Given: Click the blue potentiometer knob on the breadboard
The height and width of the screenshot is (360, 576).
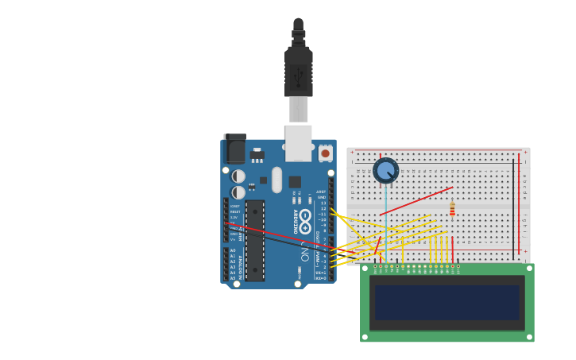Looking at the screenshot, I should point(386,170).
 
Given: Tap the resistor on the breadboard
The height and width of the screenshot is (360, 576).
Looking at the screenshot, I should point(452,209).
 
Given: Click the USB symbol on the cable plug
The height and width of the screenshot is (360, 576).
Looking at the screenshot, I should point(299,77).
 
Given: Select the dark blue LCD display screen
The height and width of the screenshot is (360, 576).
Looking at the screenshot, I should point(446,303).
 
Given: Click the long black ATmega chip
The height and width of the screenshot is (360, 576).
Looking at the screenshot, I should point(254,240).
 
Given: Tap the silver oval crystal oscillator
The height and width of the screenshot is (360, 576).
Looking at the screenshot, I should point(276,180).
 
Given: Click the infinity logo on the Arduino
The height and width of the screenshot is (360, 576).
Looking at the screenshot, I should point(305,221).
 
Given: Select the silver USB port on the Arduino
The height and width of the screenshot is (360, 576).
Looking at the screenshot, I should point(299,143).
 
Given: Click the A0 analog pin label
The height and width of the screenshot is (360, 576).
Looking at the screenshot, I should point(233,250).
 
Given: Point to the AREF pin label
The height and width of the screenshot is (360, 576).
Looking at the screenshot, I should point(321,192).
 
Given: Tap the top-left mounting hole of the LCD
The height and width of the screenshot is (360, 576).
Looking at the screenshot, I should point(365,269).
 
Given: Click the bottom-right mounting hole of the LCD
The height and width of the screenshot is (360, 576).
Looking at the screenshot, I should point(529,337).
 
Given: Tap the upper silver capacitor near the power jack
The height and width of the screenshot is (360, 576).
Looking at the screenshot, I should point(238,176).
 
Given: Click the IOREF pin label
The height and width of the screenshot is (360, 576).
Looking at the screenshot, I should point(234,207).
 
